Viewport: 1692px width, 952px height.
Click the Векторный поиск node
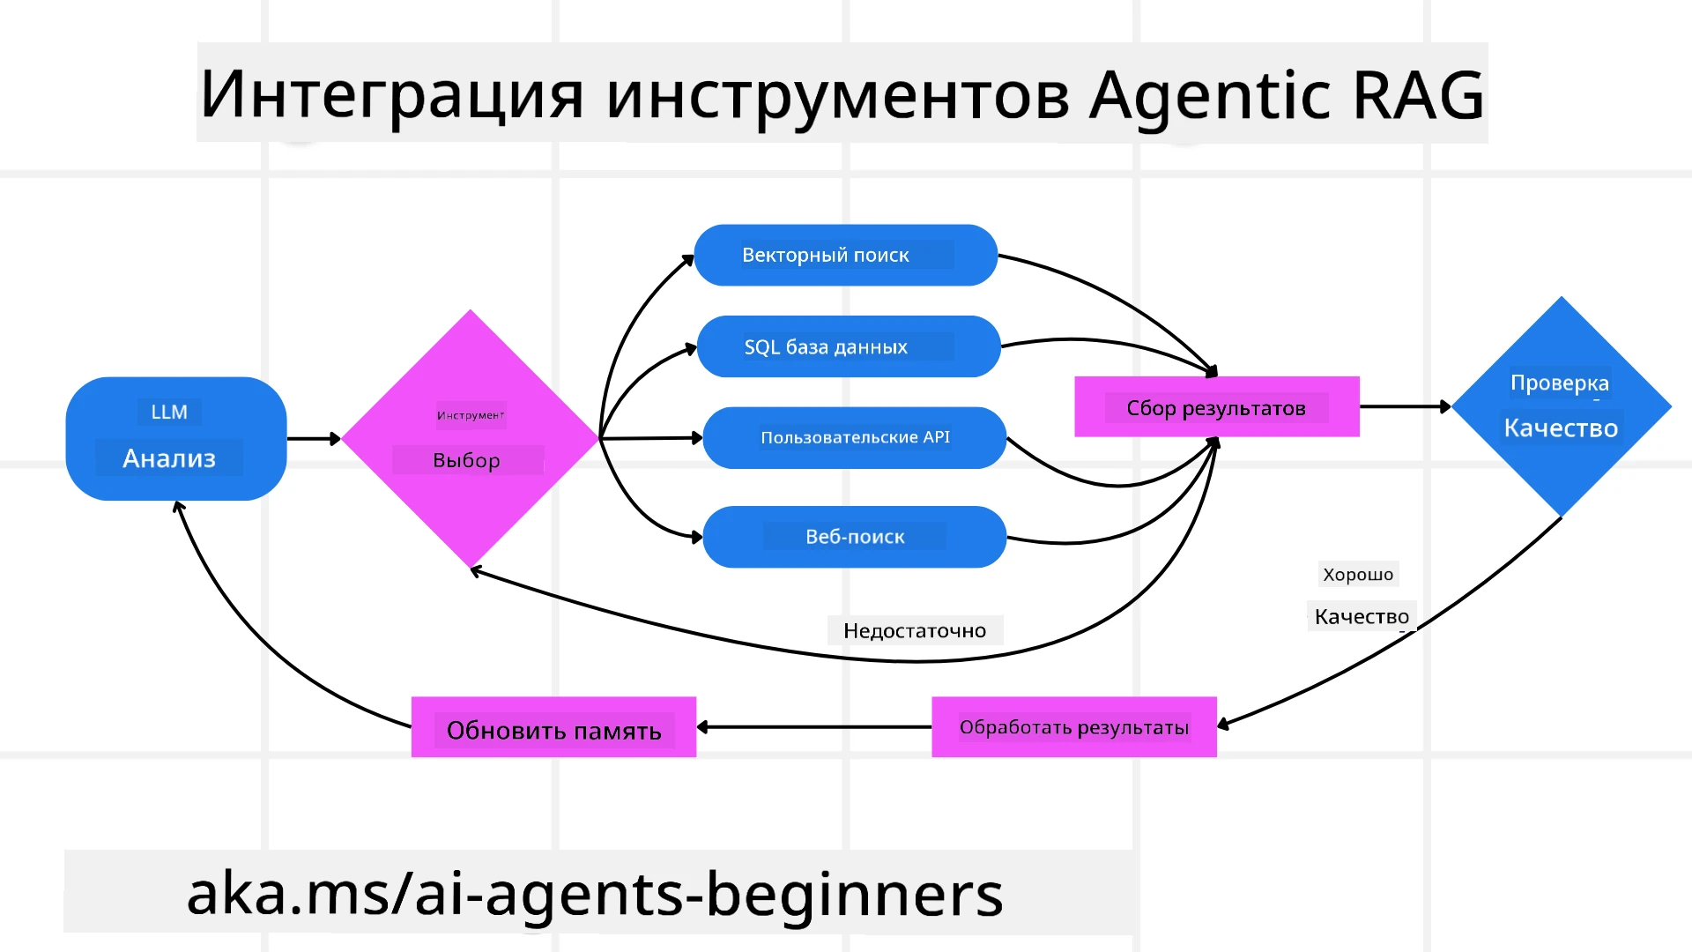(844, 256)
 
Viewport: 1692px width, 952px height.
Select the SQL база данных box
(848, 346)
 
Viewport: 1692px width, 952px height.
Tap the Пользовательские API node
(854, 438)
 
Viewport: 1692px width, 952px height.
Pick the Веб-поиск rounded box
(854, 537)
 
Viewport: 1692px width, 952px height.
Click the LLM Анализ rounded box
(175, 439)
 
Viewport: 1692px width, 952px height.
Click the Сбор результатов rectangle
(1216, 407)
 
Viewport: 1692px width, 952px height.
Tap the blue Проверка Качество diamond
(1561, 407)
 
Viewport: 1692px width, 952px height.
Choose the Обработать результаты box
(1073, 727)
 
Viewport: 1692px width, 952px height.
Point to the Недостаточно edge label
(914, 631)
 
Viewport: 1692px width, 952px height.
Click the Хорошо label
(1357, 575)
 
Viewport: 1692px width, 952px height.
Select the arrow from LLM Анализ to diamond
(313, 438)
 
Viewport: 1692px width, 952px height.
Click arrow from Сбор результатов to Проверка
(1405, 406)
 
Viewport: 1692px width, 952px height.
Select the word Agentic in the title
(1210, 95)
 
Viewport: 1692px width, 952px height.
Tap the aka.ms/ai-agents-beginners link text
(595, 893)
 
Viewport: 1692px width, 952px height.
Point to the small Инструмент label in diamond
(471, 415)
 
